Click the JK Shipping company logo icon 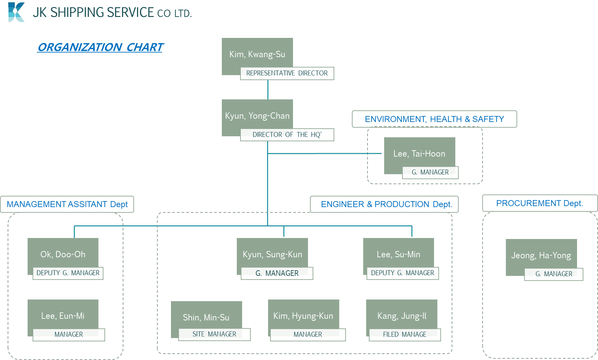[x=16, y=12]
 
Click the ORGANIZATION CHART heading [x=100, y=47]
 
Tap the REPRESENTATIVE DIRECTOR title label [x=287, y=73]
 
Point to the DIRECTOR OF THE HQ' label [x=287, y=135]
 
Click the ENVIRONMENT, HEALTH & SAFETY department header [x=434, y=119]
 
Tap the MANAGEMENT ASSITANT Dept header [x=67, y=204]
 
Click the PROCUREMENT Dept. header [x=539, y=203]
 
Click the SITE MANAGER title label [x=214, y=334]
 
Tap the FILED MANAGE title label [x=404, y=334]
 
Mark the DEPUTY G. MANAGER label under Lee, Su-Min [x=402, y=273]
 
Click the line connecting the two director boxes [x=268, y=89]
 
